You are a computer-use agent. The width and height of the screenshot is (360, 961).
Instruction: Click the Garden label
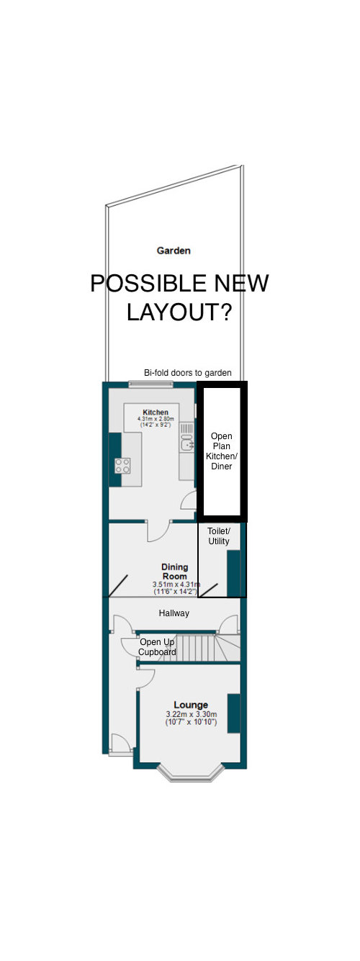click(174, 251)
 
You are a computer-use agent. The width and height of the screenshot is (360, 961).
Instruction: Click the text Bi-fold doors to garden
click(188, 373)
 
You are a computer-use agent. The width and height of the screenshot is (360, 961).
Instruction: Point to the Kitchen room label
click(155, 412)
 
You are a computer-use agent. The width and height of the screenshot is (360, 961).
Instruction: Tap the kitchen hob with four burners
click(122, 465)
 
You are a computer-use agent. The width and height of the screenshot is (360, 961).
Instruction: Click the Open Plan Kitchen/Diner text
click(222, 451)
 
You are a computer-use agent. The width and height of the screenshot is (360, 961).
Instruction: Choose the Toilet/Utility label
click(219, 535)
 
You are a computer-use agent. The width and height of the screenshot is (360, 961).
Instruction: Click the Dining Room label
click(174, 572)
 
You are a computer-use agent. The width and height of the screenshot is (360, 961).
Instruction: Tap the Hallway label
click(174, 613)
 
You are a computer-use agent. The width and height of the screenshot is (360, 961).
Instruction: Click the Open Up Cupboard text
click(158, 647)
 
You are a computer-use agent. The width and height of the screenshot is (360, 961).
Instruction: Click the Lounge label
click(191, 705)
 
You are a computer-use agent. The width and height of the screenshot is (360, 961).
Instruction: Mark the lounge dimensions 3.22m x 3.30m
click(191, 718)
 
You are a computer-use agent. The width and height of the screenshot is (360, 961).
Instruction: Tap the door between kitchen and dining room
click(158, 531)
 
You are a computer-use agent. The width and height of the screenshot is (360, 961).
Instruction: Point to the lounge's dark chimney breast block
click(234, 713)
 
